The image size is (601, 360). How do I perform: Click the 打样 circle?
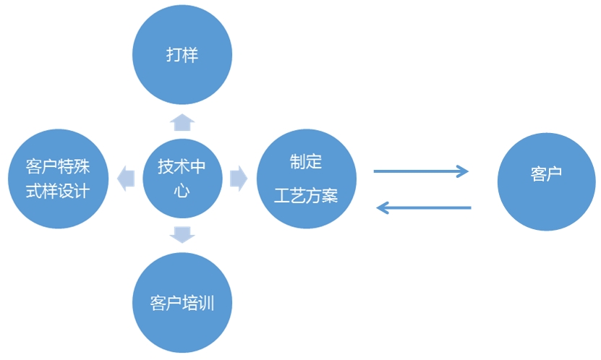coord(182,56)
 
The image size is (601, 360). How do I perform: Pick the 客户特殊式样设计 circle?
coord(57,179)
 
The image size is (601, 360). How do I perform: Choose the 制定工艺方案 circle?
coord(307,179)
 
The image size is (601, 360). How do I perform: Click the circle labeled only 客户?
coord(546,174)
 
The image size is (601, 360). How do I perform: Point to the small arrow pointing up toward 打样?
coord(182,120)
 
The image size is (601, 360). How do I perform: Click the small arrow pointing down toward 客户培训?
coord(182,234)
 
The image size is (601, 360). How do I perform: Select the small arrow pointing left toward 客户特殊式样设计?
coord(126,179)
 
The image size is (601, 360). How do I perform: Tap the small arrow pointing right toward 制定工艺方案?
coord(239,179)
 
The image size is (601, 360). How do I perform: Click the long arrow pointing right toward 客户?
coord(421,171)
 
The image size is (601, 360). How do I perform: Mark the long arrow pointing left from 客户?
coord(424,209)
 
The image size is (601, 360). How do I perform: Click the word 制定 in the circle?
coord(306,162)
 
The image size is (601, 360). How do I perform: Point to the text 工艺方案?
coord(306,196)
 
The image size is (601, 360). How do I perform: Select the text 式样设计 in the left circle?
coord(57,192)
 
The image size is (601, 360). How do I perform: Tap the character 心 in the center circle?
coord(182,192)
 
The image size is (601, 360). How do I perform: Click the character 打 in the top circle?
coord(174,56)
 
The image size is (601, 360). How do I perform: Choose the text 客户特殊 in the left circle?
coord(57,166)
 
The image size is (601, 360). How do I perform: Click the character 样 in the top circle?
coord(190,56)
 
